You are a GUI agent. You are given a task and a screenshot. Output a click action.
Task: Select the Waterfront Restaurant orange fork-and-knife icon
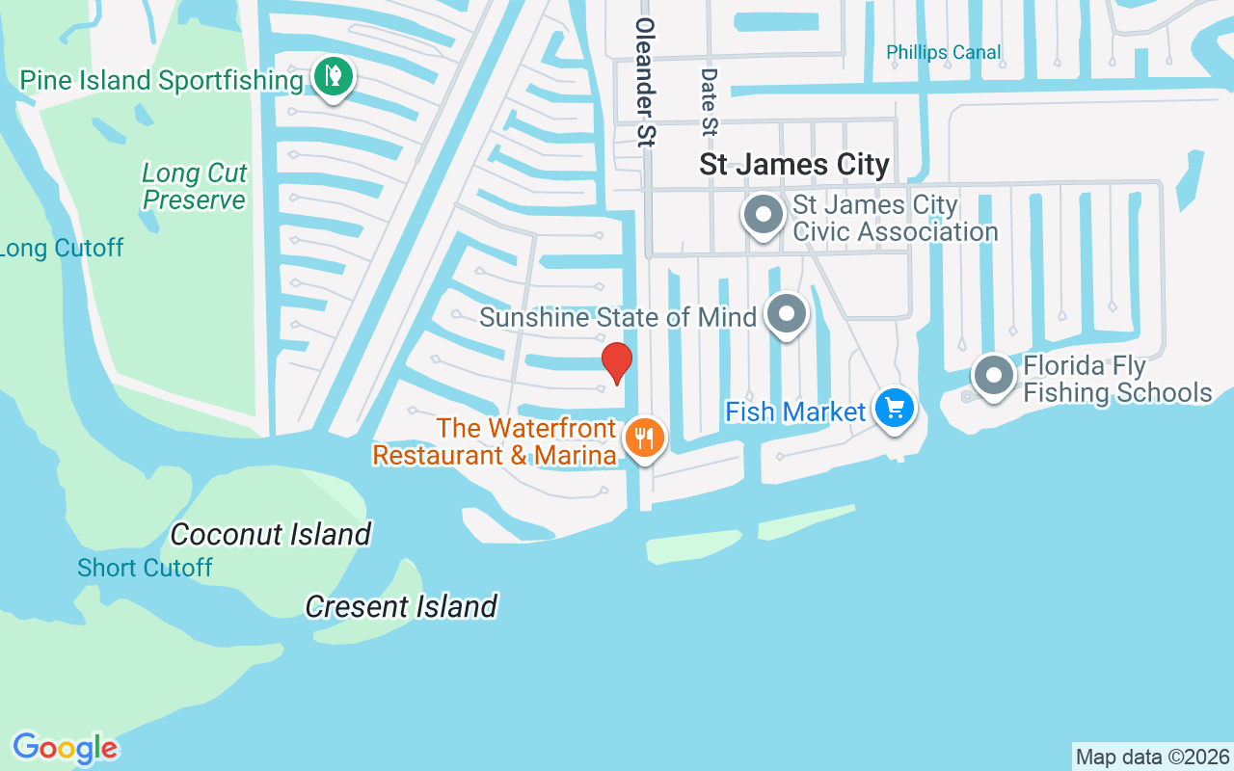point(644,439)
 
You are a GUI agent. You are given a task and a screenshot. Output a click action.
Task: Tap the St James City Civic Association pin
point(764,216)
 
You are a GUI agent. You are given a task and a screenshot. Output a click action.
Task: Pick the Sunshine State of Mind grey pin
point(787,314)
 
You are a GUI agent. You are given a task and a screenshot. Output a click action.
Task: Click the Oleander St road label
point(645,82)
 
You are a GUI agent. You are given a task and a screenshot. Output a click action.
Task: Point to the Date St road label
point(710,101)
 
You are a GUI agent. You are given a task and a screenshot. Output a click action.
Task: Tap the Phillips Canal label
point(944,52)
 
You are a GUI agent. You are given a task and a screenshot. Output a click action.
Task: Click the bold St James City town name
point(794,165)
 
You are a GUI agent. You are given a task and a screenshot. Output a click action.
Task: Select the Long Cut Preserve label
point(195,186)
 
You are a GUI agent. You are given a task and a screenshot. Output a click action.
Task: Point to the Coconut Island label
point(271,534)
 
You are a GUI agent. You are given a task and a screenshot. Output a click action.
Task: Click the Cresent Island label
point(401,606)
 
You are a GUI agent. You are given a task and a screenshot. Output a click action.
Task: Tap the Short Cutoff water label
point(145,568)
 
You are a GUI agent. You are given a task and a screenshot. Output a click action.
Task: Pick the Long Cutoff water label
point(62,249)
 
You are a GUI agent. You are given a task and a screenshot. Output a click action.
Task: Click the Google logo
point(66,747)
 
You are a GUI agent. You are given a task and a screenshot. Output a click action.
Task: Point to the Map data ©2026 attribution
point(1153,757)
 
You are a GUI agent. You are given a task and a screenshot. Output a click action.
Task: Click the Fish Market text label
point(795,412)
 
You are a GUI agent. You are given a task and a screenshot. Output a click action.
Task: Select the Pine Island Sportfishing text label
point(161,80)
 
